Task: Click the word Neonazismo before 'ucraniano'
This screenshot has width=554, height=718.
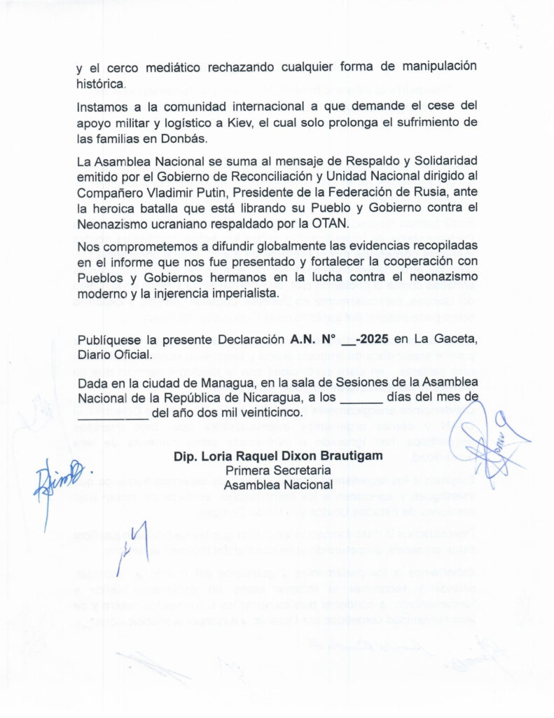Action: point(118,223)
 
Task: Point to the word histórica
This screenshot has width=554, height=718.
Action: point(101,83)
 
